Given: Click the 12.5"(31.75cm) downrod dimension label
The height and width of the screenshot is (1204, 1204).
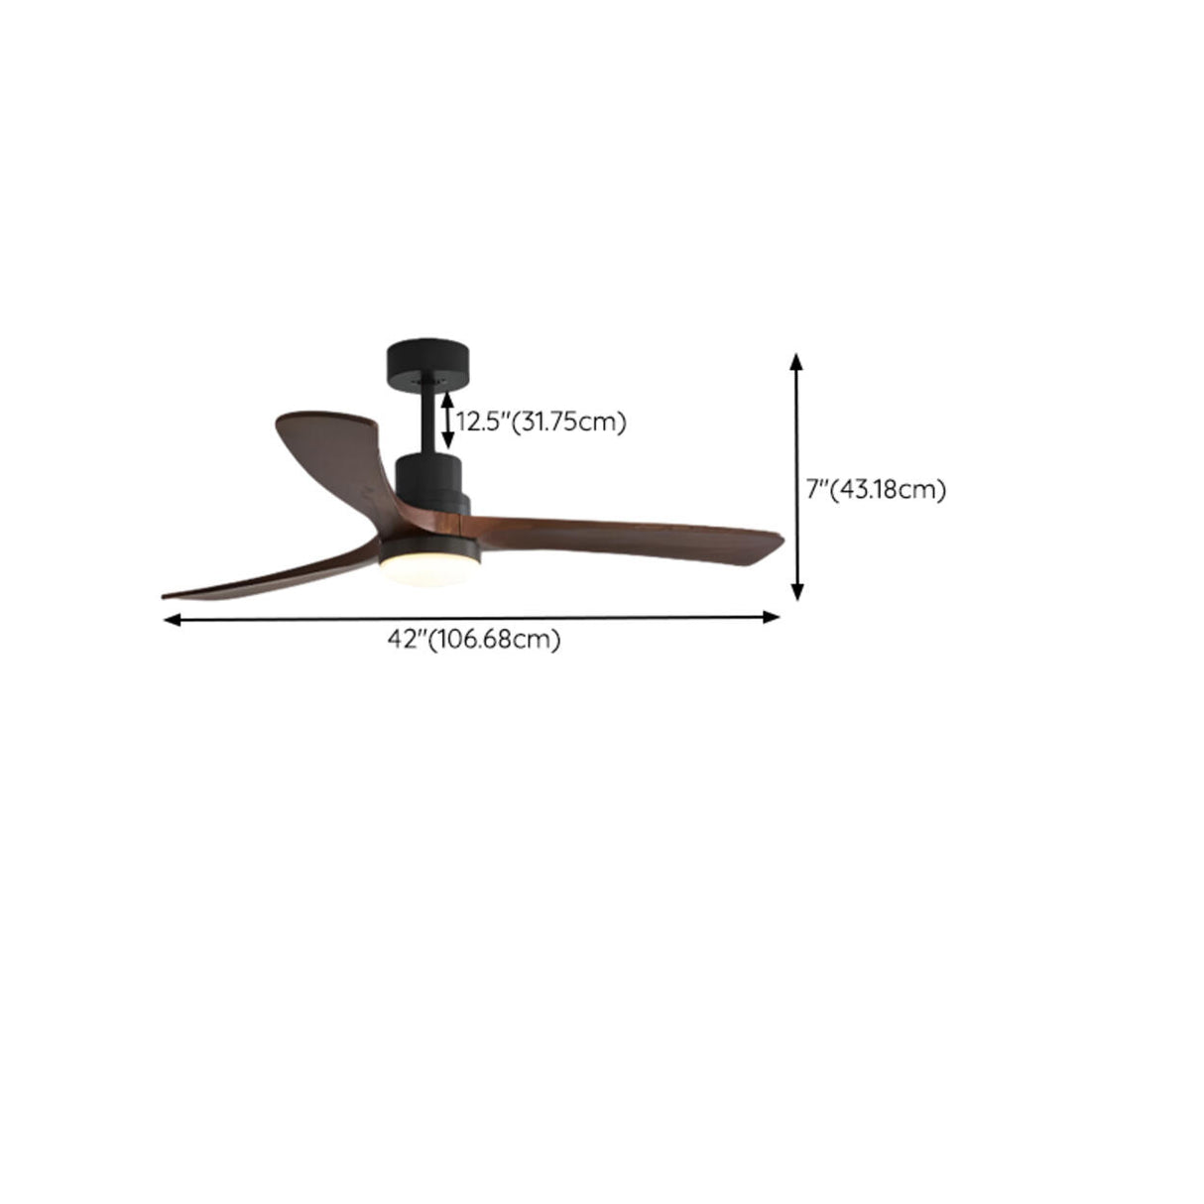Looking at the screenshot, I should click(x=542, y=421).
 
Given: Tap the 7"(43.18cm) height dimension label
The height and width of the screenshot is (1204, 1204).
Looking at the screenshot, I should click(x=875, y=489).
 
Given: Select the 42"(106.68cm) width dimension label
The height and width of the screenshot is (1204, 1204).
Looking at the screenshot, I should click(x=474, y=640).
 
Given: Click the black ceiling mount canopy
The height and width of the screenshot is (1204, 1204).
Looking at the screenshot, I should click(x=428, y=365).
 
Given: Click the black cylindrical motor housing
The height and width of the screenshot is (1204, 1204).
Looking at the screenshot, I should click(x=428, y=477).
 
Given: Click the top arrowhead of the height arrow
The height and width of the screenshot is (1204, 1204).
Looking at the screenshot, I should click(x=795, y=359).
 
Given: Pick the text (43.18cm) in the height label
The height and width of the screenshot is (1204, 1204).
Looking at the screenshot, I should click(x=888, y=489).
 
